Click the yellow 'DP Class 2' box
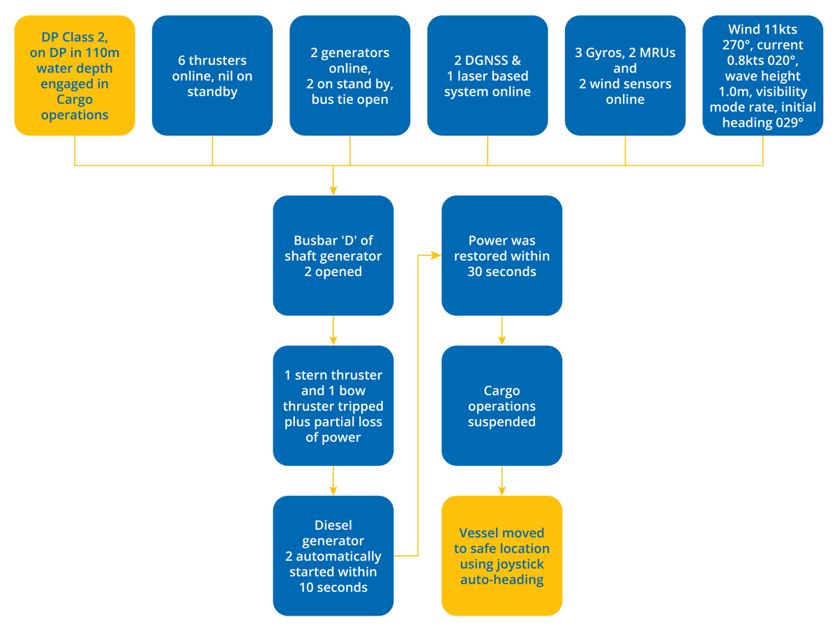pos(75,75)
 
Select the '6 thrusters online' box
pos(212,75)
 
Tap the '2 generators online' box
pos(349,75)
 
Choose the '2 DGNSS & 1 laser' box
pos(487,75)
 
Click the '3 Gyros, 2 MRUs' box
pos(624,75)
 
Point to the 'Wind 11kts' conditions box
pos(762,75)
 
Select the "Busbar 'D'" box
pos(333,256)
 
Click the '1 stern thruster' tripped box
pos(333,406)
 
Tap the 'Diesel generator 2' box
pos(333,556)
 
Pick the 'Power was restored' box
pos(502,256)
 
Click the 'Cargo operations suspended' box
pos(502,406)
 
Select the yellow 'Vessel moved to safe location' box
pos(502,556)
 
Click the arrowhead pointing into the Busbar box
pos(333,189)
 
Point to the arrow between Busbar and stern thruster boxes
pos(333,331)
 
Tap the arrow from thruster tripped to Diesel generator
pos(333,481)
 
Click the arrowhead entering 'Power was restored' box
pos(435,256)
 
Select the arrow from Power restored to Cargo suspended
pos(502,331)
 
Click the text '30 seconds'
pos(502,271)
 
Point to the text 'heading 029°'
pos(762,122)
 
